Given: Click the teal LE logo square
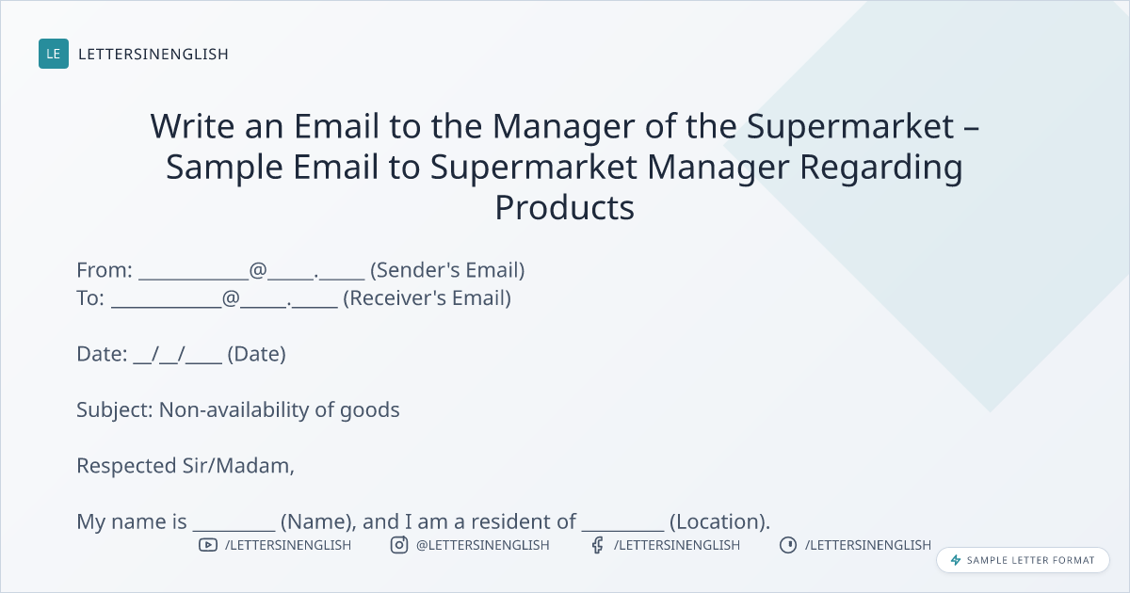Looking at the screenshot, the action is pyautogui.click(x=54, y=54).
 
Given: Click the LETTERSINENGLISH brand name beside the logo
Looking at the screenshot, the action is pyautogui.click(x=153, y=54).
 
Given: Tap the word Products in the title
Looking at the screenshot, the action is pyautogui.click(x=564, y=208).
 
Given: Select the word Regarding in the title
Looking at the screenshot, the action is pyautogui.click(x=881, y=167).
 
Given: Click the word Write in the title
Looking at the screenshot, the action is pyautogui.click(x=192, y=125).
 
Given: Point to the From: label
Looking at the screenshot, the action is pyautogui.click(x=105, y=270).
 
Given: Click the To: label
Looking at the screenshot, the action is pyautogui.click(x=90, y=298).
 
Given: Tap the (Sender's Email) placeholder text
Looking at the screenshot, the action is pyautogui.click(x=447, y=270).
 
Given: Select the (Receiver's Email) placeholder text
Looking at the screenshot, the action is pyautogui.click(x=427, y=298).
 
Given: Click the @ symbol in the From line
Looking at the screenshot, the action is pyautogui.click(x=258, y=270).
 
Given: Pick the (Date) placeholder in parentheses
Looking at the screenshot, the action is pyautogui.click(x=257, y=354).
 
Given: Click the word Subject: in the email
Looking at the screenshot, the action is pyautogui.click(x=115, y=410).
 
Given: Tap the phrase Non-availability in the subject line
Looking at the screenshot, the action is pyautogui.click(x=234, y=410).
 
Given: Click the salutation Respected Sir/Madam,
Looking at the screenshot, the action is pyautogui.click(x=186, y=466).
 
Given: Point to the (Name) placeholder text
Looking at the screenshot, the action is pyautogui.click(x=318, y=521).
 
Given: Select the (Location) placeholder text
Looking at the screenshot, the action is pyautogui.click(x=719, y=521).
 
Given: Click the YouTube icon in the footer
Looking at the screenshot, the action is pyautogui.click(x=208, y=545).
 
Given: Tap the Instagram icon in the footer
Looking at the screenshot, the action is pyautogui.click(x=399, y=545).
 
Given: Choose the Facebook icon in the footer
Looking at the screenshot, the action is pyautogui.click(x=597, y=545).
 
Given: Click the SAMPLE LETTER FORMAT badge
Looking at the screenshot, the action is pyautogui.click(x=1023, y=560).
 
